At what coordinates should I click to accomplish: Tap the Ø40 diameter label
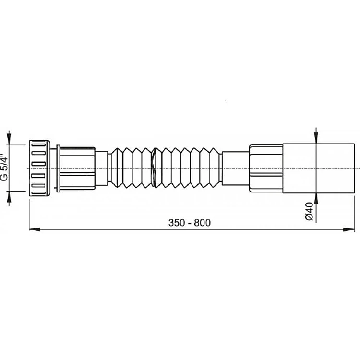click(x=310, y=211)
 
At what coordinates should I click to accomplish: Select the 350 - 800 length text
click(x=190, y=223)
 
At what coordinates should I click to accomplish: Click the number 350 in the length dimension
click(x=177, y=223)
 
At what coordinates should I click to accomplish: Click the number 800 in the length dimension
click(x=202, y=223)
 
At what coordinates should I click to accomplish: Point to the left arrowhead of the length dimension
click(x=35, y=229)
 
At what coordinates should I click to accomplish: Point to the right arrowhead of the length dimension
click(x=349, y=229)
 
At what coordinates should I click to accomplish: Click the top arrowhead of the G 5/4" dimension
click(x=9, y=139)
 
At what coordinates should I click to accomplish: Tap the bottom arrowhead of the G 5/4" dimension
click(x=9, y=196)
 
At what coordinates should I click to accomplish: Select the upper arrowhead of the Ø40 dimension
click(x=316, y=138)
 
